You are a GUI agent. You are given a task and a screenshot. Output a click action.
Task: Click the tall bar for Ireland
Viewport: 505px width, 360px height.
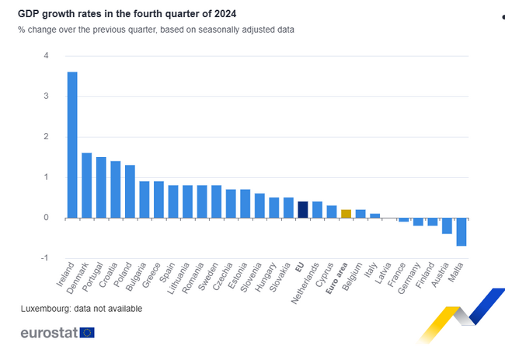(x=72, y=145)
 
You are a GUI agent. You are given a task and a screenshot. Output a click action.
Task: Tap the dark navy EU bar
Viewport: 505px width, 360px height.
(x=303, y=209)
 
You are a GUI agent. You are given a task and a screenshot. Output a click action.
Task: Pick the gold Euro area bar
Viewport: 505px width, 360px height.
(x=347, y=213)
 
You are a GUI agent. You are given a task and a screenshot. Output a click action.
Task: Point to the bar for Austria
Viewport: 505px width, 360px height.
(x=447, y=225)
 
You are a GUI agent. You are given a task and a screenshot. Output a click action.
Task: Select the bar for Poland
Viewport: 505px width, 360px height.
(x=130, y=191)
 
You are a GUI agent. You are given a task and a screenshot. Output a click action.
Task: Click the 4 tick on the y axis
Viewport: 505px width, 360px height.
(x=47, y=56)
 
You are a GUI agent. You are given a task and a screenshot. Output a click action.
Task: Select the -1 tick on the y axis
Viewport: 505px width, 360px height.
(x=45, y=258)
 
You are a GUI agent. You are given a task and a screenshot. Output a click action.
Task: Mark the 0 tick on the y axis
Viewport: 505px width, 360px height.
(x=47, y=218)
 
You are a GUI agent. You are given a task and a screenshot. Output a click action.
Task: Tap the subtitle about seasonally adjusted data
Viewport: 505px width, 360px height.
(x=156, y=30)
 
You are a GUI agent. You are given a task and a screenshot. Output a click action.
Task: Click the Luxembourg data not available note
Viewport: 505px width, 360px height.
(x=82, y=309)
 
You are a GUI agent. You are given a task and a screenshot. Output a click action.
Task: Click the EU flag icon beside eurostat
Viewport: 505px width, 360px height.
(x=86, y=333)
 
